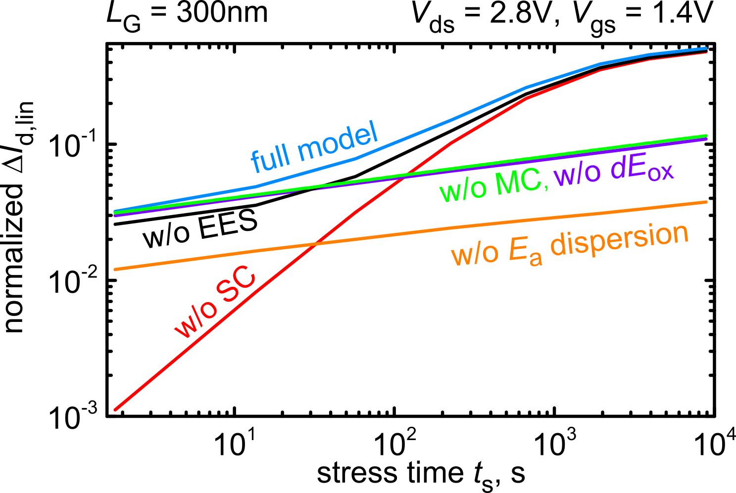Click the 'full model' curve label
[315, 146]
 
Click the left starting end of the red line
[116, 409]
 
